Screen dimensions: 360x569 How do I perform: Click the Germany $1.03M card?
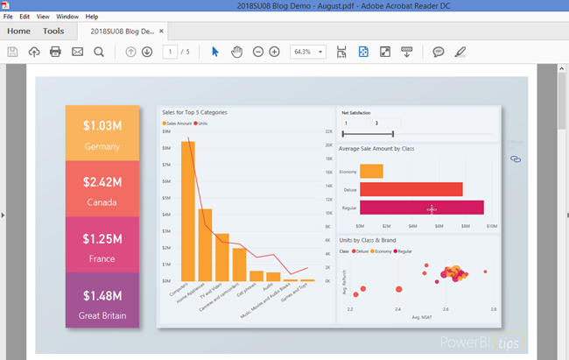point(102,134)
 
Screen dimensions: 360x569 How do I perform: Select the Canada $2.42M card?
point(102,189)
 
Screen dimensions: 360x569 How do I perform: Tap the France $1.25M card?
point(102,245)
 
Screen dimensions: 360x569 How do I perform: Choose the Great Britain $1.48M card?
point(102,300)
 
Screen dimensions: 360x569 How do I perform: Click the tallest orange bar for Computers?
point(188,210)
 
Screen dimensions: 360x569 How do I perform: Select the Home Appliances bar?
point(205,244)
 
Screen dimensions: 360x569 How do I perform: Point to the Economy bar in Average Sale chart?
point(371,171)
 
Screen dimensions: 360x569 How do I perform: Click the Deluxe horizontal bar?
point(411,189)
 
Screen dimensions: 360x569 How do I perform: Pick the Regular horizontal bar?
point(421,208)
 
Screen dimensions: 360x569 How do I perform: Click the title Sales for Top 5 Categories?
point(194,112)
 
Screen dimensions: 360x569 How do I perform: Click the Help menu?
point(91,17)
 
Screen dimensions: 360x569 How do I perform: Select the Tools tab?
point(53,32)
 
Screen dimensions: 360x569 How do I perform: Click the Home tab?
point(18,32)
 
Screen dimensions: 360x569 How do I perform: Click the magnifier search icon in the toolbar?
point(99,52)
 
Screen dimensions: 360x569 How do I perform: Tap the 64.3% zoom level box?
point(307,52)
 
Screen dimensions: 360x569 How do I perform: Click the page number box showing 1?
point(169,52)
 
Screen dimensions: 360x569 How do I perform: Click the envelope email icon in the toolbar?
point(77,52)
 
